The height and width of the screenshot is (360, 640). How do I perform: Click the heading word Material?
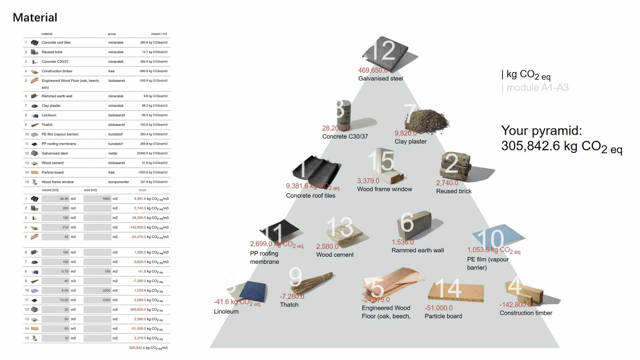point(35,17)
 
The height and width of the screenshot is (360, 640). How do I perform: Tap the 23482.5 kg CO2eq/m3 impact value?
point(152,153)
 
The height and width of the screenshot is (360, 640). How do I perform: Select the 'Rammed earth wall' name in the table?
point(57,96)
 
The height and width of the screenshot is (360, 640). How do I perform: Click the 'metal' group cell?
point(113,153)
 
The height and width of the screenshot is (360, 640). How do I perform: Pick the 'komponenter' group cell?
point(118,182)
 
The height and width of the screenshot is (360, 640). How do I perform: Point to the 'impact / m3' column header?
point(159,34)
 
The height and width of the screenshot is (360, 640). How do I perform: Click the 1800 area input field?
point(97,199)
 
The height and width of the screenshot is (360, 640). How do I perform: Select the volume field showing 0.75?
point(56,271)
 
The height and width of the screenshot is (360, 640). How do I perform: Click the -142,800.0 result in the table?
point(137,227)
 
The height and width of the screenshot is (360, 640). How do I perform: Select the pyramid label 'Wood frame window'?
point(385,189)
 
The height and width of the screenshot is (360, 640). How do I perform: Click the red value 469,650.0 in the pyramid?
point(373,70)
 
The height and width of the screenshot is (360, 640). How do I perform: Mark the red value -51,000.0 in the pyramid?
point(438,308)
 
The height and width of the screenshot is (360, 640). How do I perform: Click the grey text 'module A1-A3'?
point(537,88)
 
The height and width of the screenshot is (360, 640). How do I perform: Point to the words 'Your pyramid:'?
point(541,130)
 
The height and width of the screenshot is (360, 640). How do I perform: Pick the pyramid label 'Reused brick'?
point(454,191)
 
